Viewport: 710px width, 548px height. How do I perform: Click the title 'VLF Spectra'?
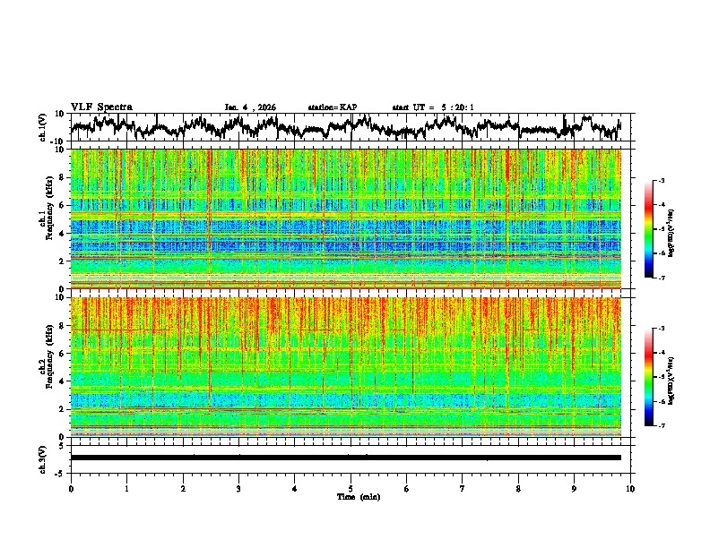101,107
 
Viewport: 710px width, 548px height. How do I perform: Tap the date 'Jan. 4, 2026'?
250,107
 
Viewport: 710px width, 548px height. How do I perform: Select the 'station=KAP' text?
332,107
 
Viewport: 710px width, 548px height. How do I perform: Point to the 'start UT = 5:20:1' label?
432,107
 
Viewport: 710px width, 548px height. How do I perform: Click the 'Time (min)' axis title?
358,496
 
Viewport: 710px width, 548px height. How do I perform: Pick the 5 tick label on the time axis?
351,489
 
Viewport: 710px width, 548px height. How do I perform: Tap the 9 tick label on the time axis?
575,489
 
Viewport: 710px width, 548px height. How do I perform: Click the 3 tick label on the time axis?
238,489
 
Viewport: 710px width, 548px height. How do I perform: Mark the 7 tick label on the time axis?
463,489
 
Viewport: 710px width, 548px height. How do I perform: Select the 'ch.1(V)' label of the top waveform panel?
44,127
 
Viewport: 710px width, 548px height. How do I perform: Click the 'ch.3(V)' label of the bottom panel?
44,458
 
